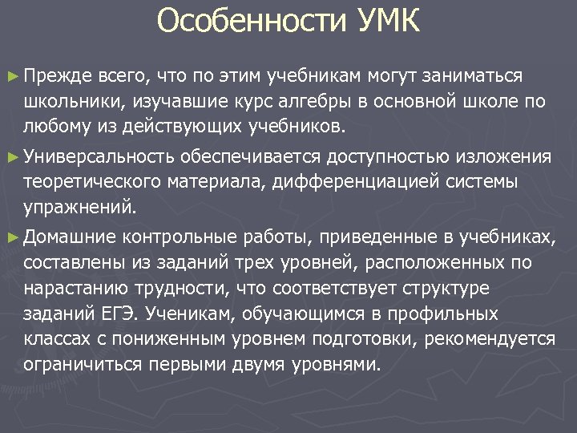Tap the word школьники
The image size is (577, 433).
tap(68, 101)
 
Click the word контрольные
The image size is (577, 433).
tap(180, 236)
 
